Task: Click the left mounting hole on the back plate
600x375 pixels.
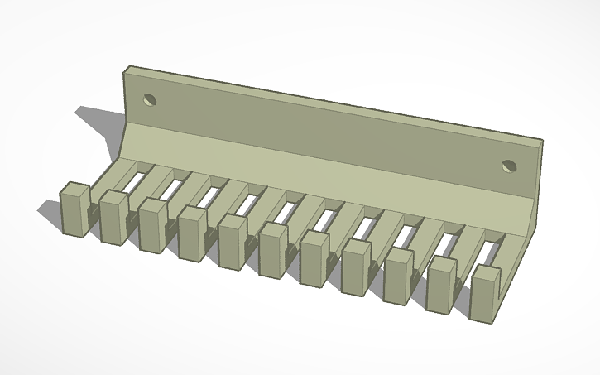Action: coord(150,100)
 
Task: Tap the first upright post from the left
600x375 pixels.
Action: coord(74,209)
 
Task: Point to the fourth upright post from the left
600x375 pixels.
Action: coord(192,233)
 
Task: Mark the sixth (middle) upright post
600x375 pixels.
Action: coord(273,250)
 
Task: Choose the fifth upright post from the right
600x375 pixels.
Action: coord(314,259)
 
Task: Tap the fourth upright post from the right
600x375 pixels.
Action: coord(356,267)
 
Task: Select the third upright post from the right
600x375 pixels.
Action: coord(398,276)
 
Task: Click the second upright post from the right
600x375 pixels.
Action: coord(441,285)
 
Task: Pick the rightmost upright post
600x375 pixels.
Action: coord(486,293)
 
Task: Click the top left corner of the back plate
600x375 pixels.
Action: coord(125,70)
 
